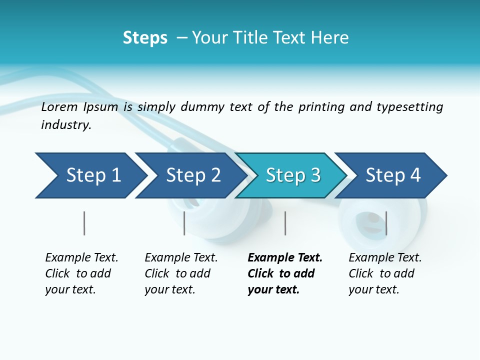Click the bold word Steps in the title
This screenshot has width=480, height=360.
click(145, 38)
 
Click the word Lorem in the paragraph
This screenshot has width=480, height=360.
click(59, 107)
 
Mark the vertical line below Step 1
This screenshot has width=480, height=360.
click(84, 223)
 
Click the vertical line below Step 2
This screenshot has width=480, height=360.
click(184, 223)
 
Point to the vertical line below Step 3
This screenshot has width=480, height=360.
click(285, 223)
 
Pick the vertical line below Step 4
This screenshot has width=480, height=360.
click(386, 223)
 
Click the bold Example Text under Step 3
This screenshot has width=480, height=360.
click(285, 258)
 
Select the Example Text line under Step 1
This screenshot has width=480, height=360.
click(81, 258)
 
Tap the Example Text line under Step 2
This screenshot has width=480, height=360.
click(181, 258)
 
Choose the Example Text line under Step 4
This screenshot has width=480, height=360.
click(385, 258)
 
